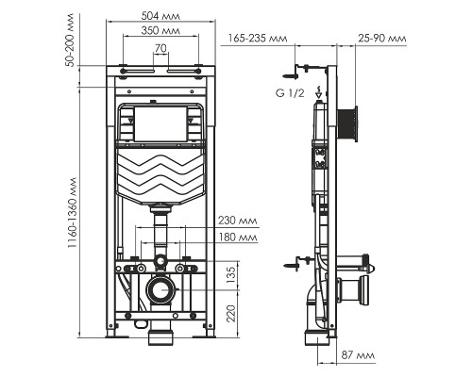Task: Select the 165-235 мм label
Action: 258,39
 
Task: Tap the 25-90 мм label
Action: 383,39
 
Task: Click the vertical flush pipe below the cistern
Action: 160,230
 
